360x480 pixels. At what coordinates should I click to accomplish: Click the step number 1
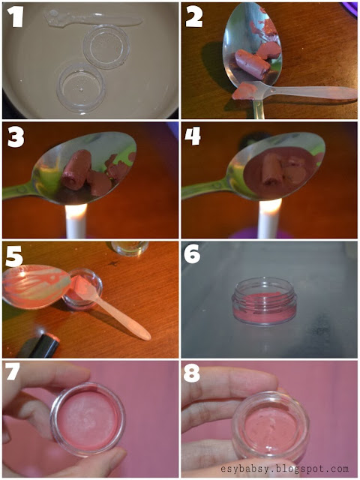(x=15, y=16)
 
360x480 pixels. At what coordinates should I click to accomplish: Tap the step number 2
(x=193, y=16)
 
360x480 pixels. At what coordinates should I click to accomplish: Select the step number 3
(x=16, y=136)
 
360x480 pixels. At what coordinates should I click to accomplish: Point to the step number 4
(x=193, y=136)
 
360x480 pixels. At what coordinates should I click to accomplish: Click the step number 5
(x=14, y=256)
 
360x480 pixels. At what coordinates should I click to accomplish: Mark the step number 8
(x=192, y=373)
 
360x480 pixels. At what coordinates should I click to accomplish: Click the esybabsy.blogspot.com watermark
(x=284, y=469)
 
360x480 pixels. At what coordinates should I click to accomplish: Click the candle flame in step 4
(x=270, y=206)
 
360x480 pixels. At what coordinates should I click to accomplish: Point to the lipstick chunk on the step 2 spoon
(x=253, y=64)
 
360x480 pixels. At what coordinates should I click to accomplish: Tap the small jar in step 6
(x=264, y=301)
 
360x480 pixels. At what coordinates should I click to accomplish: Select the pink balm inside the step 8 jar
(x=270, y=426)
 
